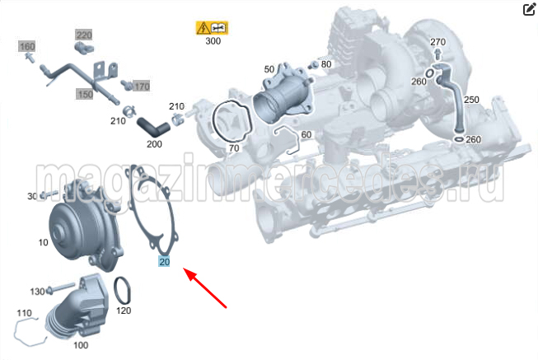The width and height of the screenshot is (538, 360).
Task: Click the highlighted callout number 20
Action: coord(164,262)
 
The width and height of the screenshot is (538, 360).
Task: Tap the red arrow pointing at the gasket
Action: coord(205,288)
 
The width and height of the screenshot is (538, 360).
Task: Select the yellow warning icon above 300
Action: coord(212,28)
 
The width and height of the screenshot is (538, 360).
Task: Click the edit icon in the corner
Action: coord(529,9)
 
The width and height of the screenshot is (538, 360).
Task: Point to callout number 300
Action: coord(213,41)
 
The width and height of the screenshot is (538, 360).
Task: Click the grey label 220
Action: coord(84,35)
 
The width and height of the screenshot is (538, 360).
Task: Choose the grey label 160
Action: coord(27,46)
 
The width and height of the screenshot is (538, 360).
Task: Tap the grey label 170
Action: coord(142,86)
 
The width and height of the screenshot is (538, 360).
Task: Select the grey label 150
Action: coord(85,94)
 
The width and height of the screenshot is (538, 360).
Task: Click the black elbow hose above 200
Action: coord(153,127)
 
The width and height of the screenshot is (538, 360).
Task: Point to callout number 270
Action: coord(437,42)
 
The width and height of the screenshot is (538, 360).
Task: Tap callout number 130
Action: coord(37,292)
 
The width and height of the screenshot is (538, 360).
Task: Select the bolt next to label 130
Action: coord(61,288)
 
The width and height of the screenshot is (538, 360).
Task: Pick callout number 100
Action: coord(81,345)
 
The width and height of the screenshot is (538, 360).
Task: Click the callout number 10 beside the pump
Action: coord(43,242)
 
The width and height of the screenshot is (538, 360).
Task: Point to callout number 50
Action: coord(269,69)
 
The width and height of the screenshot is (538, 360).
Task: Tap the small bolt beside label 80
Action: coord(313,64)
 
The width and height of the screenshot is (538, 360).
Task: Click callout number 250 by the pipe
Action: coord(471,100)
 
